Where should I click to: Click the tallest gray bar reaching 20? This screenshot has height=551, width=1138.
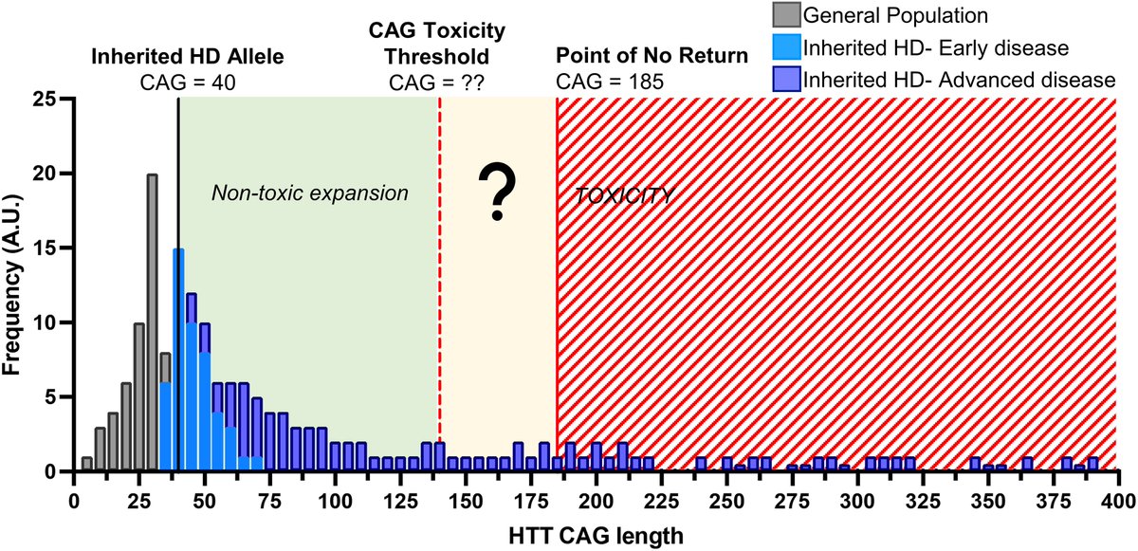pos(152,322)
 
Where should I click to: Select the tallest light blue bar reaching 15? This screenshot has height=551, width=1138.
pos(177,360)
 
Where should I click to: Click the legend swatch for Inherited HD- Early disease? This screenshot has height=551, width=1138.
pos(786,46)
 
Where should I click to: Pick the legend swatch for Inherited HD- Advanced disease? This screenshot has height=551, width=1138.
pos(786,80)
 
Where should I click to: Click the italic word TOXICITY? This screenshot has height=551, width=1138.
pos(623,196)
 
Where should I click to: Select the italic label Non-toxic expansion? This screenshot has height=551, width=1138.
pos(308,193)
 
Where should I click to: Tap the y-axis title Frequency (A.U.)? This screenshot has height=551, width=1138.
pos(16,285)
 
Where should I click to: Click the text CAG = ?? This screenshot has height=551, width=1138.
pos(437,82)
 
